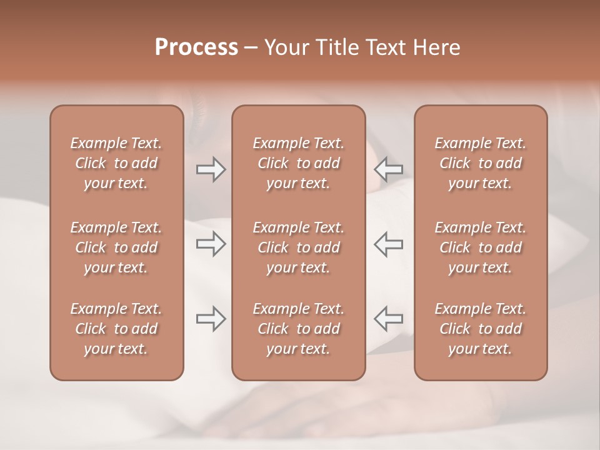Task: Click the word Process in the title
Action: [196, 47]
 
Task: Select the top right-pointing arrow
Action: [211, 169]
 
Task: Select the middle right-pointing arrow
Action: [211, 244]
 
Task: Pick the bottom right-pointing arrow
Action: [211, 319]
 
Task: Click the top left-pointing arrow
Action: [388, 169]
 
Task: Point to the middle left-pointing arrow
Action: [388, 244]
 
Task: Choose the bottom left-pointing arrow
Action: [388, 319]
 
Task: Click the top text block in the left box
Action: [116, 163]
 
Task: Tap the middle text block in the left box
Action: [116, 247]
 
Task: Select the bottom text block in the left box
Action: [116, 329]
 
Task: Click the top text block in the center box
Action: [298, 163]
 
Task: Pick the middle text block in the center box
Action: [298, 247]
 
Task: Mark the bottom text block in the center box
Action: [298, 329]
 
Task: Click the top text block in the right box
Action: [480, 163]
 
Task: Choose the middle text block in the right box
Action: [480, 247]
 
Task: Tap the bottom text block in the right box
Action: [480, 329]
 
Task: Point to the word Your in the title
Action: [285, 47]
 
